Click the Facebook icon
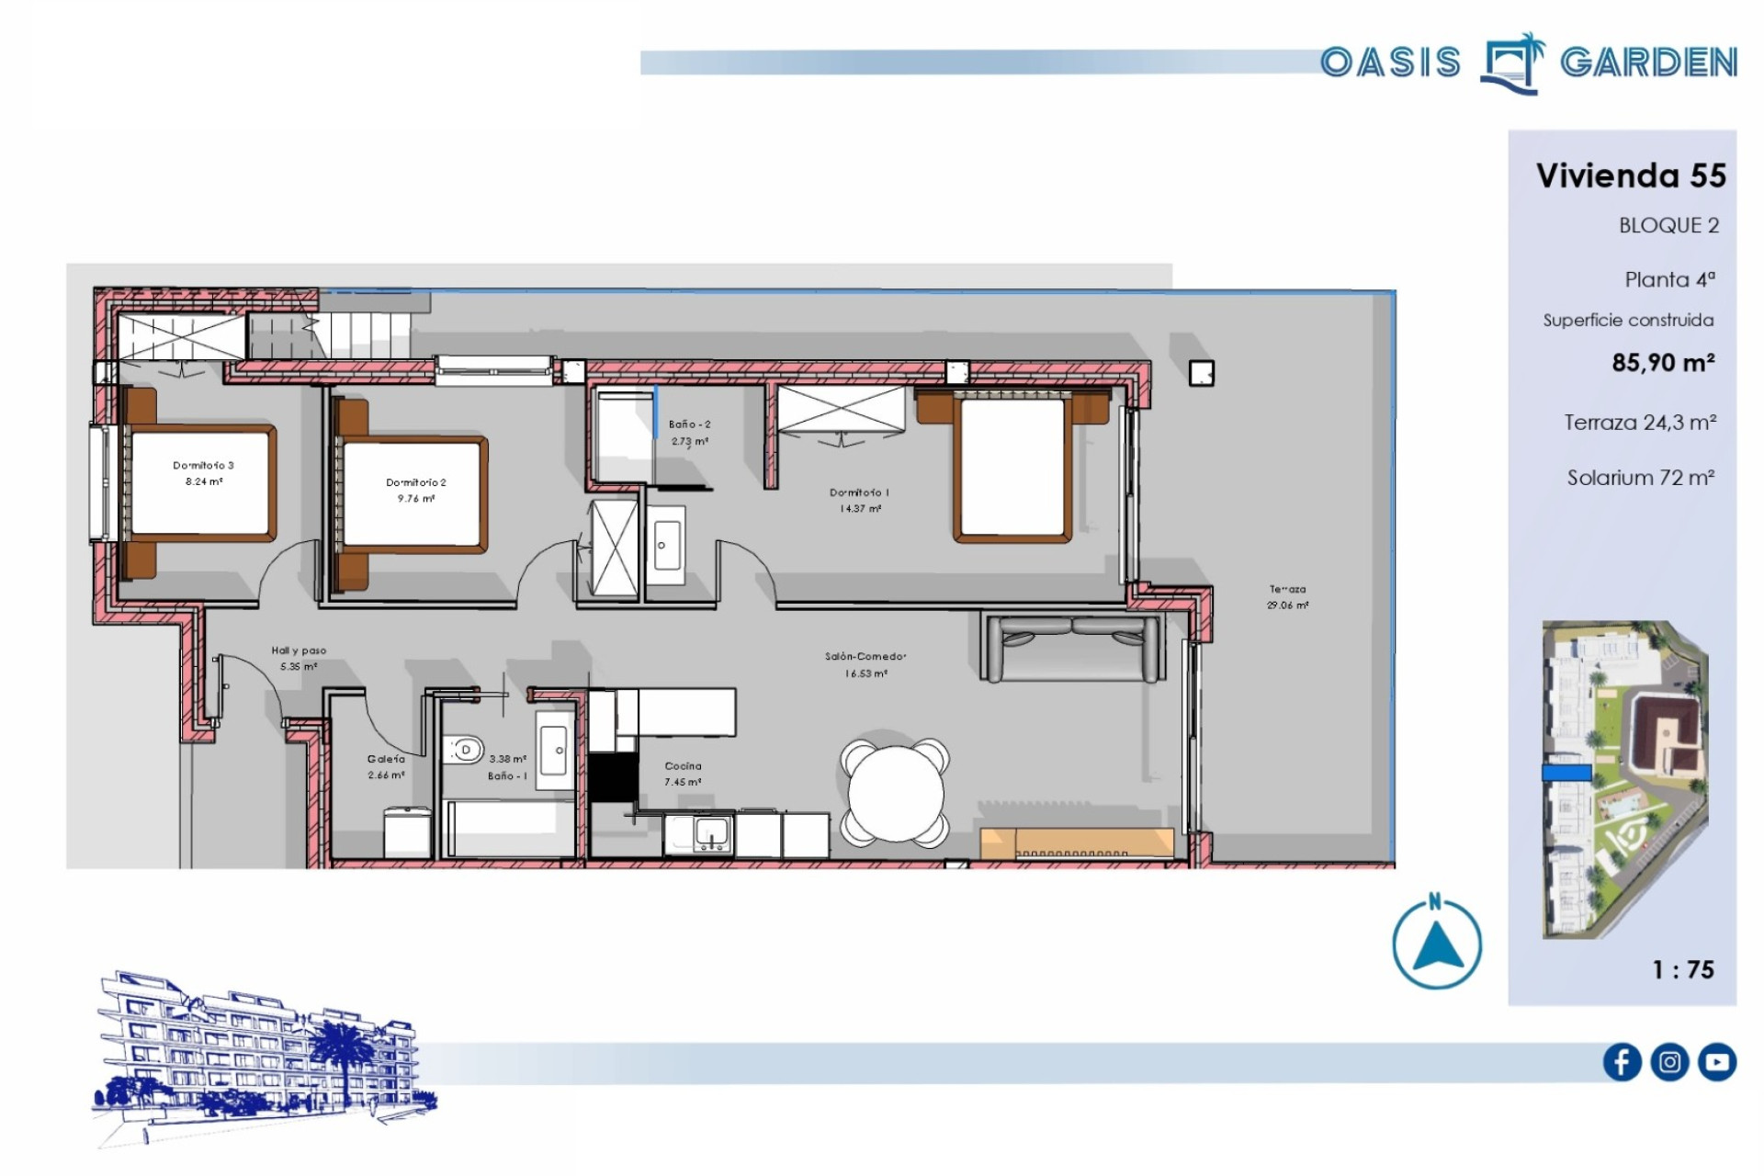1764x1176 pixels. pos(1622,1062)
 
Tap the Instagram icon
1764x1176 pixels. pos(1669,1062)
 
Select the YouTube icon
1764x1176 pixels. pos(1717,1062)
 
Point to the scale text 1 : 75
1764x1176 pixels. pos(1683,969)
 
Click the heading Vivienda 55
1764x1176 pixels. pos(1631,175)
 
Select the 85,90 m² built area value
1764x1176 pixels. pos(1663,362)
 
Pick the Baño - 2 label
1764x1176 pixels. pos(689,424)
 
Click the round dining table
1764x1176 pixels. pos(896,792)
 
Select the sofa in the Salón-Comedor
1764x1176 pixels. pos(1071,649)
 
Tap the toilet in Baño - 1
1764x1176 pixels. pos(463,751)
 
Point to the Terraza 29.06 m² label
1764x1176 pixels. pos(1287,597)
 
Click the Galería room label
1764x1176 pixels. pos(386,759)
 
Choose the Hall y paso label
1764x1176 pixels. pos(299,650)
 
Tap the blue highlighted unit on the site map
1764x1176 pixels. pos(1566,773)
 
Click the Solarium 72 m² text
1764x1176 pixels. pos(1641,478)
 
